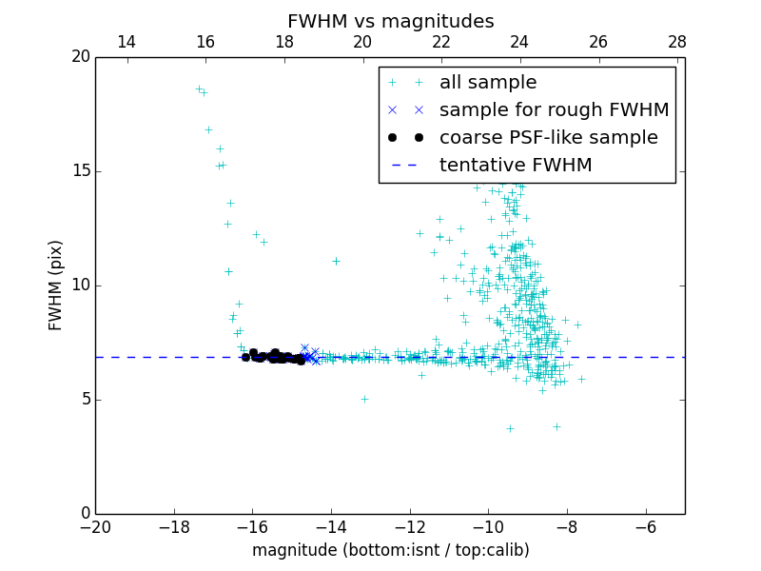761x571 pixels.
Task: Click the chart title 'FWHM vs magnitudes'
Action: coord(390,21)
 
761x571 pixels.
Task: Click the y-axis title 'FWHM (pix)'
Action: coord(56,285)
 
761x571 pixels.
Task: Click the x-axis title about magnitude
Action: coord(390,550)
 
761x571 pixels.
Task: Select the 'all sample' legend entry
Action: coord(488,83)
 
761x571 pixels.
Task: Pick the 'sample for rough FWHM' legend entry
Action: coord(554,110)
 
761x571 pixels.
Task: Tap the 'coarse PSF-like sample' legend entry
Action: coord(548,138)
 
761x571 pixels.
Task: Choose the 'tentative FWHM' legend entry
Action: coord(516,166)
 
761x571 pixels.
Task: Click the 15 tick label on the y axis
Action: coord(80,171)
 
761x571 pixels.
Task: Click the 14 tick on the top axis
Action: coord(126,42)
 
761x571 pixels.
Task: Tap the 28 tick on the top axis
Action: coord(677,42)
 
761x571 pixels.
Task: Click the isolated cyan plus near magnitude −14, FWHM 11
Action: coord(336,261)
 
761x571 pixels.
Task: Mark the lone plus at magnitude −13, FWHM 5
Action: coord(364,399)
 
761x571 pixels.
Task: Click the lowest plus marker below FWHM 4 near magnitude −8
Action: coord(556,426)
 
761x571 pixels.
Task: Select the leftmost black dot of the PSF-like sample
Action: coord(245,357)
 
